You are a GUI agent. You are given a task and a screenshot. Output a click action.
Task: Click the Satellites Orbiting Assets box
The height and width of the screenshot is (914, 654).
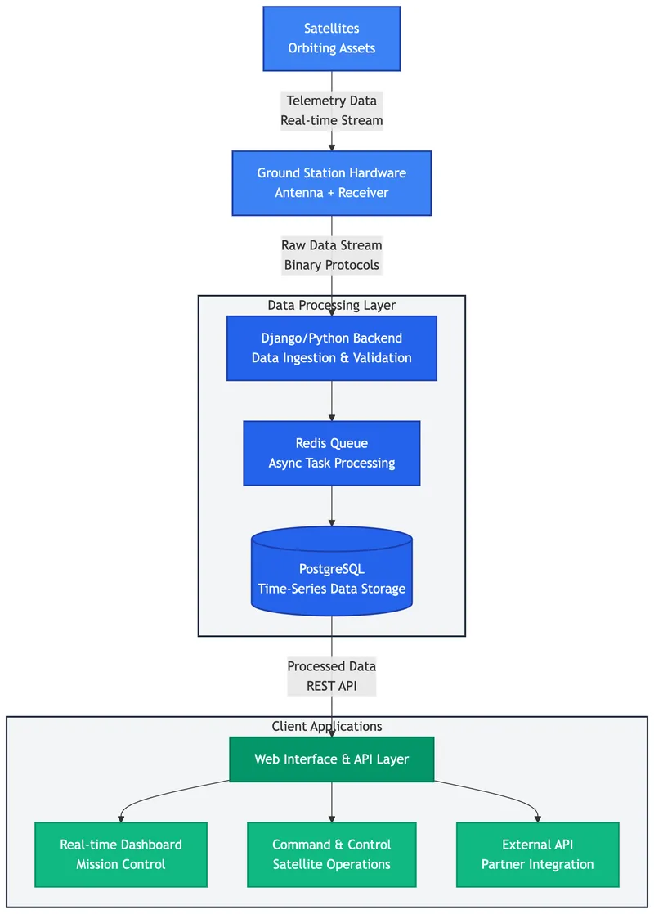click(331, 38)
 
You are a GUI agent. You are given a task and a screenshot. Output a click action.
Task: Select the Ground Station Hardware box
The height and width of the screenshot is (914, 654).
click(331, 183)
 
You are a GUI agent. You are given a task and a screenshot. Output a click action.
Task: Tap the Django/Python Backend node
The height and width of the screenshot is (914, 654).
click(331, 348)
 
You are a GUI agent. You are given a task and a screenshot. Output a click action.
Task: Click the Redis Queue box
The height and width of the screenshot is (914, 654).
click(331, 453)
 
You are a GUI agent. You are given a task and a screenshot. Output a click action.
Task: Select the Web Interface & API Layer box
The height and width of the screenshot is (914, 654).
click(331, 759)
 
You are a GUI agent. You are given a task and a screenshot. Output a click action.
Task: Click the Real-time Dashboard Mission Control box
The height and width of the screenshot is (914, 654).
click(121, 854)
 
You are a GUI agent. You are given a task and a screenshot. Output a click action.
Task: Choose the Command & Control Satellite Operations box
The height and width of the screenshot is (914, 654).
click(331, 854)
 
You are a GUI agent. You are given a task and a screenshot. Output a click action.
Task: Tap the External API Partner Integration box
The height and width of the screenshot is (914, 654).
click(537, 854)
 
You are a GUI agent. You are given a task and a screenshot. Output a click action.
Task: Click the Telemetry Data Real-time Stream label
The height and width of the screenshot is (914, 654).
click(331, 110)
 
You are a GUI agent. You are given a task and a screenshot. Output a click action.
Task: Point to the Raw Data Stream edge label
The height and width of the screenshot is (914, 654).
click(331, 255)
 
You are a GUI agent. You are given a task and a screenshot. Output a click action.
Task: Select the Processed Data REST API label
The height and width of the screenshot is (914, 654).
click(331, 676)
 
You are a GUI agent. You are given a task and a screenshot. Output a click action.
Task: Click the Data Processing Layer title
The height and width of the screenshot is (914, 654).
click(331, 306)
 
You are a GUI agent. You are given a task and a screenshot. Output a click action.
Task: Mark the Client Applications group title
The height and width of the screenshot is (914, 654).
click(327, 726)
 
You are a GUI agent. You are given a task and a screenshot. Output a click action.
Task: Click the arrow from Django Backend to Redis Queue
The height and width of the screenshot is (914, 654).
click(331, 401)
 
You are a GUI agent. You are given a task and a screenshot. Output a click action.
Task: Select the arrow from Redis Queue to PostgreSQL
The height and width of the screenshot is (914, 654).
click(331, 506)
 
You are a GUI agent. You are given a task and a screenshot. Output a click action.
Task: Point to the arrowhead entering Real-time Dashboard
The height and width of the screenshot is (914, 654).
click(121, 818)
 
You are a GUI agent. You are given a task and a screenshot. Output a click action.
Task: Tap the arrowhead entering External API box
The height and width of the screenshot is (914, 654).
click(537, 818)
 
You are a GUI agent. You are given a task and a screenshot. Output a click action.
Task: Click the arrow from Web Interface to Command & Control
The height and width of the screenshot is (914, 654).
click(331, 801)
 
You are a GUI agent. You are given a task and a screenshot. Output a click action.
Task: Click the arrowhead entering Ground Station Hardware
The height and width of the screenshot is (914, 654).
click(331, 146)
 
